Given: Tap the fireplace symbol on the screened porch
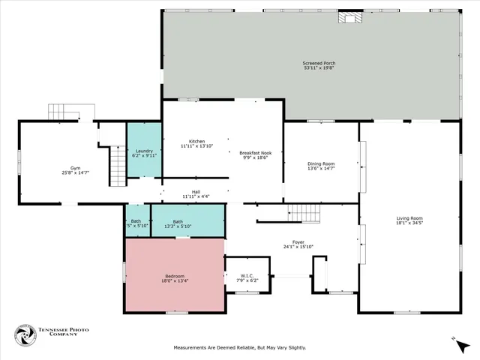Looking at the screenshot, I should coord(349,18).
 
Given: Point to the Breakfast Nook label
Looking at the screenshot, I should coord(256,154).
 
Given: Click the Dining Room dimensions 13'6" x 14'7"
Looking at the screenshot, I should coord(321,169).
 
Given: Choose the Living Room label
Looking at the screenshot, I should coord(409,220).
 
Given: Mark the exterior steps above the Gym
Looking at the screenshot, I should coord(66,112).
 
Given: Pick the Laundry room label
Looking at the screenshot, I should coord(144,153).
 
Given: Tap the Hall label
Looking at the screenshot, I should coord(196,193).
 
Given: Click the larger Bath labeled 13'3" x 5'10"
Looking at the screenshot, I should coord(178,223).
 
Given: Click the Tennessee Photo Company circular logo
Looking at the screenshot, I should coord(26,336).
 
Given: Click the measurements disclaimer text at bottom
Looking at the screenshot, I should coord(239,348).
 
